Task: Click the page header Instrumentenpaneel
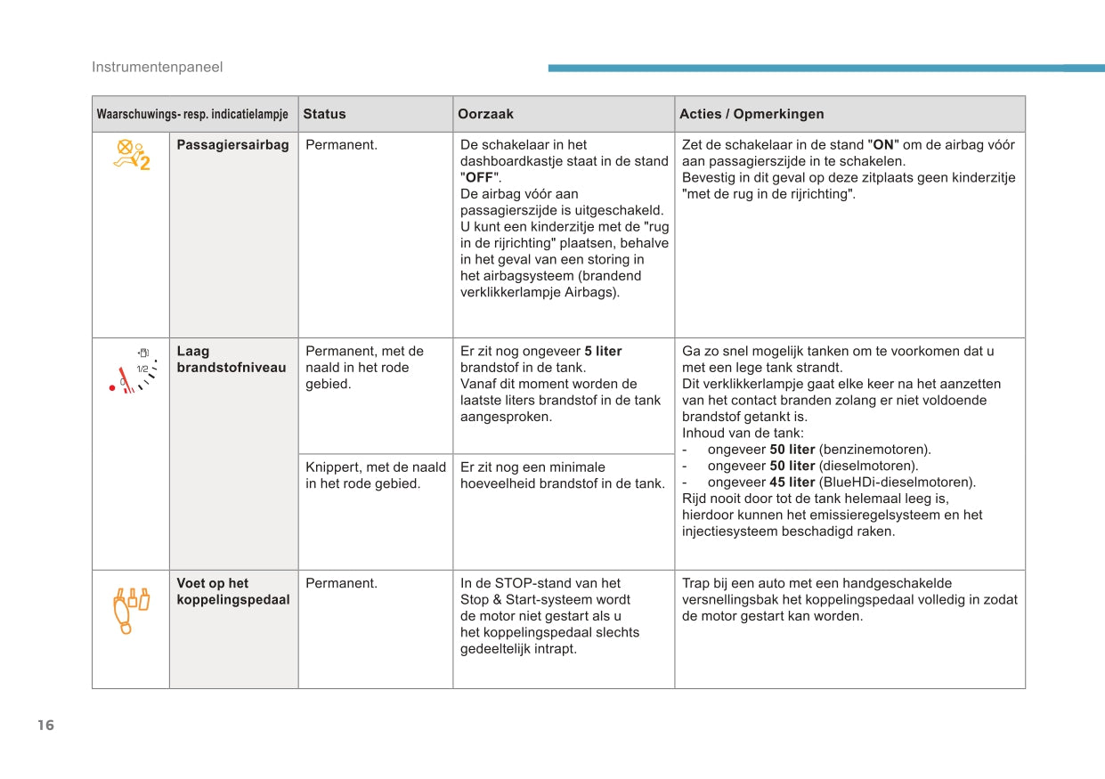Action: pyautogui.click(x=157, y=67)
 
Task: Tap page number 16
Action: pyautogui.click(x=46, y=725)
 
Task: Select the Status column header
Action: pyautogui.click(x=324, y=114)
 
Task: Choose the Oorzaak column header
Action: pyautogui.click(x=485, y=114)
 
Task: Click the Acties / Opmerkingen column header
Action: pyautogui.click(x=752, y=114)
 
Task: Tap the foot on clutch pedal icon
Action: pyautogui.click(x=130, y=609)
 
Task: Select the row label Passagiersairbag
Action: pyautogui.click(x=232, y=145)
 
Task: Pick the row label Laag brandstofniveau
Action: pyautogui.click(x=232, y=360)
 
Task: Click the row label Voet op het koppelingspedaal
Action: pyautogui.click(x=232, y=592)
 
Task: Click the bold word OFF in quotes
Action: pyautogui.click(x=480, y=178)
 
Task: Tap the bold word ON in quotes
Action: pyautogui.click(x=883, y=145)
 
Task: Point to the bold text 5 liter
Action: pyautogui.click(x=603, y=352)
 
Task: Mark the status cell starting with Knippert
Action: pyautogui.click(x=375, y=475)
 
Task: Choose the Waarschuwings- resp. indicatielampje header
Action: pyautogui.click(x=192, y=114)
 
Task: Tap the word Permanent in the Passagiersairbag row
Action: pyautogui.click(x=341, y=145)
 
